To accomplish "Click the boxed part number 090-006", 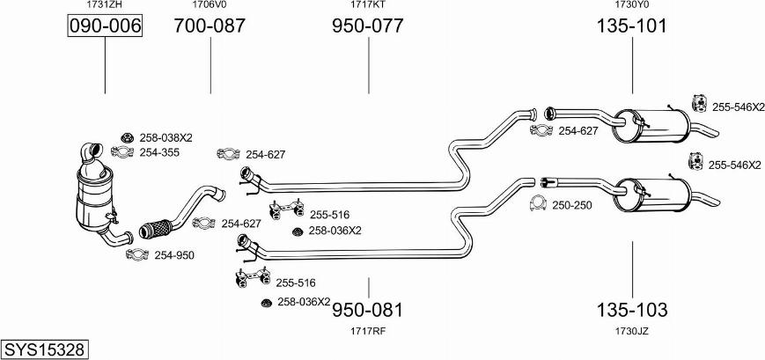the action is [105, 26].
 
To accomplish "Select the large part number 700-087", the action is [210, 26].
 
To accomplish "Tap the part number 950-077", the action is [368, 26].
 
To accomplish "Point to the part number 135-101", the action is [632, 26].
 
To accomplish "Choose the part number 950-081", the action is [368, 309].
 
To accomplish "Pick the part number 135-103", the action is [632, 309].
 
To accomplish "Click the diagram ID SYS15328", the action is [44, 349].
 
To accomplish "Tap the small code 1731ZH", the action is [105, 5].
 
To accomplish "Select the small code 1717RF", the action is [368, 331].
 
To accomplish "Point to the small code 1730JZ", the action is [632, 331].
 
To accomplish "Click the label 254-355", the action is [159, 152].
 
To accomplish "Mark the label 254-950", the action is [174, 255].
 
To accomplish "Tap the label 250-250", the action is [572, 205].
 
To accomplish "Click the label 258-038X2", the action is [166, 137].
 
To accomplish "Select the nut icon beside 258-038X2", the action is [128, 137].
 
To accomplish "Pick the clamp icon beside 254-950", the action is [137, 254].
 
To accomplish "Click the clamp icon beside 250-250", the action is [538, 204].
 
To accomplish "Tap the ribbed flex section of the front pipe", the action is [155, 229].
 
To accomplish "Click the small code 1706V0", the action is [210, 5].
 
